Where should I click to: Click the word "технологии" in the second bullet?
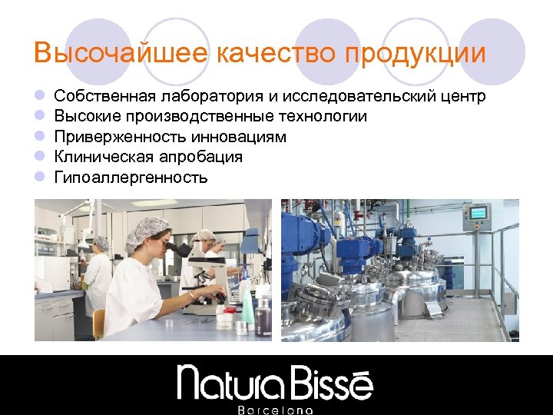point(323,117)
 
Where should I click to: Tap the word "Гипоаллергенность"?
point(131,178)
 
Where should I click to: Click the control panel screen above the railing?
point(478,212)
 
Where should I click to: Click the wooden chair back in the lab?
point(98,323)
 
